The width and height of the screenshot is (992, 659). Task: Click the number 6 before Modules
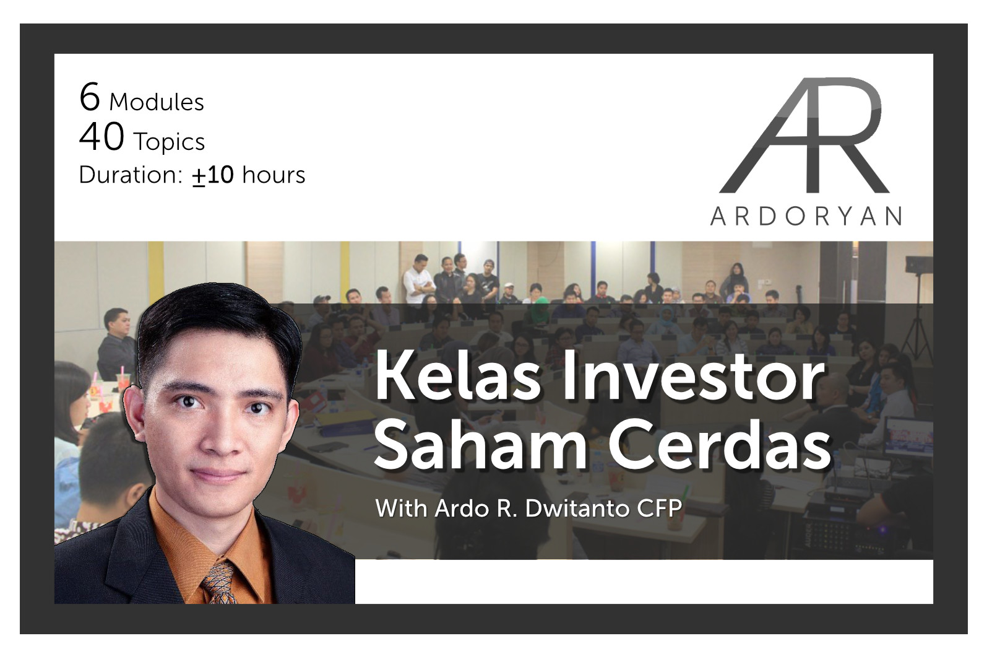(90, 97)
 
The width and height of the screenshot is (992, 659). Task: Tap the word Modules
(156, 102)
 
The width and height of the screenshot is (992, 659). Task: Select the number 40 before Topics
(101, 137)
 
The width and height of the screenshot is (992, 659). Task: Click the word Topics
(169, 142)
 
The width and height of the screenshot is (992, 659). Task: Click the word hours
(274, 175)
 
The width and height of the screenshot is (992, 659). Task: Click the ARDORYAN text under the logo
(806, 217)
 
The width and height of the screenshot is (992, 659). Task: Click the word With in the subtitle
(400, 508)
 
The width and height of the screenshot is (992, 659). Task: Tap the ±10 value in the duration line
(213, 175)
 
